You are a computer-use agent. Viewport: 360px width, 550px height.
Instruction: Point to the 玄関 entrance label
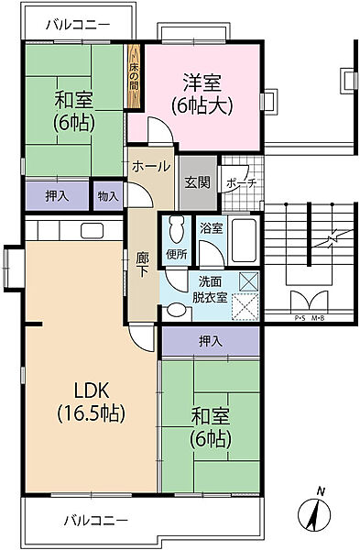[x=194, y=181]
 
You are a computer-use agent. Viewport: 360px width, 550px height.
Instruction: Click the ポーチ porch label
[x=241, y=182]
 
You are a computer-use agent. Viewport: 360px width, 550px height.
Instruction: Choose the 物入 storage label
[x=107, y=194]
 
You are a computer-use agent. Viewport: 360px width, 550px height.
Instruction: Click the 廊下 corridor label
[x=142, y=263]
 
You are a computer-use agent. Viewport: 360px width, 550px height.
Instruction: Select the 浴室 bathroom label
[x=211, y=226]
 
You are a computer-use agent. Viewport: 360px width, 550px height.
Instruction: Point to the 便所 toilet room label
[x=177, y=252]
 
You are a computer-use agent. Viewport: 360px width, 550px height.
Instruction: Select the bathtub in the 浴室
[x=245, y=240]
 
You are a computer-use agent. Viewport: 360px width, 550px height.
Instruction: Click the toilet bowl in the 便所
[x=175, y=226]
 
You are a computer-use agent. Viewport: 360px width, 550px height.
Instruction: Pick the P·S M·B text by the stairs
[x=310, y=318]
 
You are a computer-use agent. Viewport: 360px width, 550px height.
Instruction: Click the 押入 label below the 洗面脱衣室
[x=210, y=341]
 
